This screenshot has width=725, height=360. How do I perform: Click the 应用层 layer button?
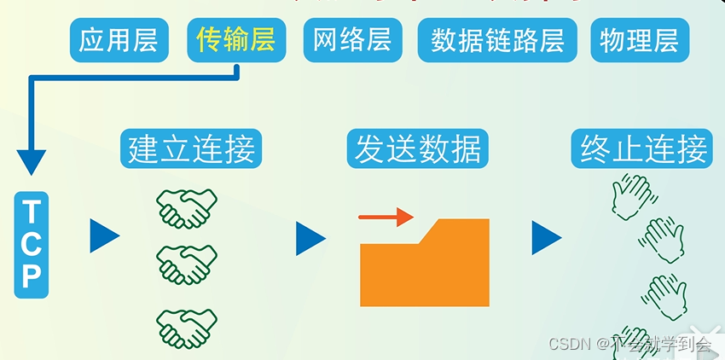click(118, 40)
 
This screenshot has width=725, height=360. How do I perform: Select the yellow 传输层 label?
click(235, 40)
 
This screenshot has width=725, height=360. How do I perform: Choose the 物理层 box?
click(640, 40)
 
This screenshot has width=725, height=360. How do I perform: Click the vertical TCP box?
click(32, 244)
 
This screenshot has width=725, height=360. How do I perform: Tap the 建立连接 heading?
click(190, 149)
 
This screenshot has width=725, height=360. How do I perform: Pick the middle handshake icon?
click(186, 264)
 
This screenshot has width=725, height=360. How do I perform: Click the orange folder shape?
click(425, 264)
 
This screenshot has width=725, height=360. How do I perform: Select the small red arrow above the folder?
click(386, 218)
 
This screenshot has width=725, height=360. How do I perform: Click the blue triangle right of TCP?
click(103, 236)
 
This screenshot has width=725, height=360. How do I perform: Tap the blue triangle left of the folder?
click(310, 239)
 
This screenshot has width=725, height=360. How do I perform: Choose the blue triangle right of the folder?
click(546, 238)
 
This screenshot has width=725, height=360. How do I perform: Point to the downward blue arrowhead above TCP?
click(32, 161)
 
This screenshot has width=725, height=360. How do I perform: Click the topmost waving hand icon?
click(630, 195)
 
